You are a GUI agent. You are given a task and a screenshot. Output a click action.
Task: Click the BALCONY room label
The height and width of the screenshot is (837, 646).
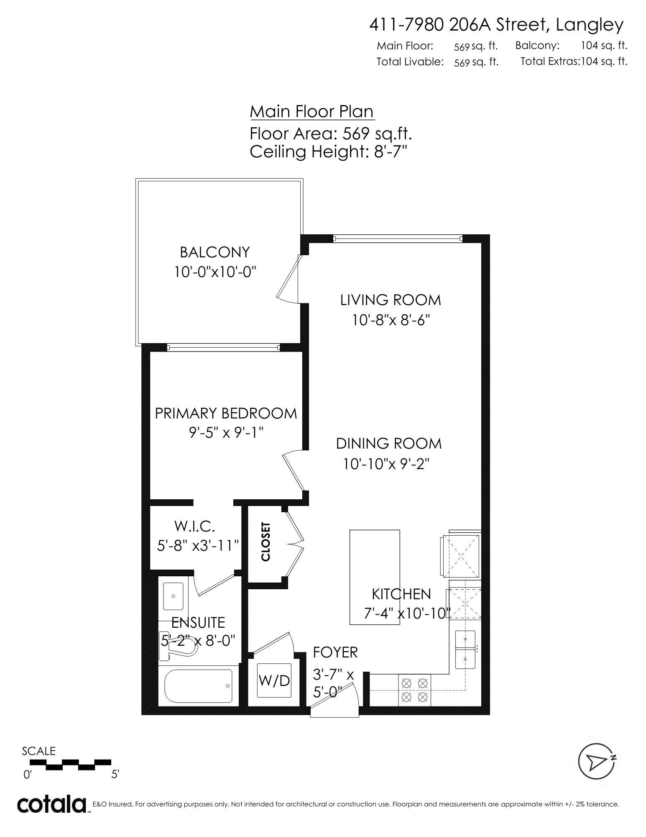pyautogui.click(x=214, y=252)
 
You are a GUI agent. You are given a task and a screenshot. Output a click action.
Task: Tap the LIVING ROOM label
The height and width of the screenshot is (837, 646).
pyautogui.click(x=391, y=300)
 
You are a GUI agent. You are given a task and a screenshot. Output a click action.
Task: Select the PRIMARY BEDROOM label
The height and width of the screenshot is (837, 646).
pyautogui.click(x=226, y=413)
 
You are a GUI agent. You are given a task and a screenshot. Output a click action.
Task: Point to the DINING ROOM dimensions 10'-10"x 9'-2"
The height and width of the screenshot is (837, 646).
pyautogui.click(x=387, y=464)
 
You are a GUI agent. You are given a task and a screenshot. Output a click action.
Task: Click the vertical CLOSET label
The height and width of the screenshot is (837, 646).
pyautogui.click(x=266, y=542)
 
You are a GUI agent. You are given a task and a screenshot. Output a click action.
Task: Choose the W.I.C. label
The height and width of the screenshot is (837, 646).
pyautogui.click(x=195, y=526)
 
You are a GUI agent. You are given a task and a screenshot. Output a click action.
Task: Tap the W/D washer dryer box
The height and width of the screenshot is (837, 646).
pyautogui.click(x=274, y=680)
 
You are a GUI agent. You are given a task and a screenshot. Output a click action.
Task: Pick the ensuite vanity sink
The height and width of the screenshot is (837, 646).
pyautogui.click(x=173, y=596)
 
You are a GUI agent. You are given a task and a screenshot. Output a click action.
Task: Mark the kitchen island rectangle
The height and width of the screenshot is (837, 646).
pyautogui.click(x=374, y=578)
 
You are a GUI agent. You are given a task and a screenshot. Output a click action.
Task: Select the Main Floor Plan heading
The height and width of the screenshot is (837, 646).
pyautogui.click(x=312, y=112)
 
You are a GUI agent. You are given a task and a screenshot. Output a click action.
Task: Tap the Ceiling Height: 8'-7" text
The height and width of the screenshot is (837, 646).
pyautogui.click(x=328, y=151)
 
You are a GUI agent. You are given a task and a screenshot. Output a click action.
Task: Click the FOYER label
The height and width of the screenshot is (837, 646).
pyautogui.click(x=335, y=652)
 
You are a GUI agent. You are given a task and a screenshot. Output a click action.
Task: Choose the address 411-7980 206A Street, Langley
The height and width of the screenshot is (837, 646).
pyautogui.click(x=496, y=26)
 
